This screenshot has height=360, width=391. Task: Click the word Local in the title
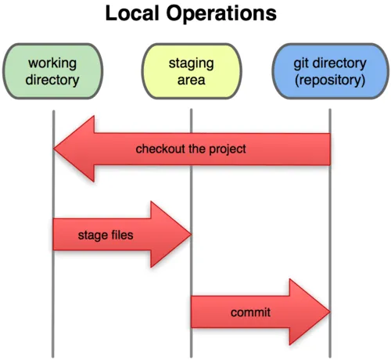[x=131, y=13]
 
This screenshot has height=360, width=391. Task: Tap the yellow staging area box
[x=191, y=70]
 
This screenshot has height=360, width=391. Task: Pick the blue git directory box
[x=329, y=70]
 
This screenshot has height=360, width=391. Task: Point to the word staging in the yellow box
[x=191, y=62]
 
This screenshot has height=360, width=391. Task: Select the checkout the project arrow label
[x=191, y=149]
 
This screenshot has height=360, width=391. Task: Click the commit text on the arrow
[x=250, y=313]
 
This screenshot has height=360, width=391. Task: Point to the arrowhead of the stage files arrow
[x=172, y=233]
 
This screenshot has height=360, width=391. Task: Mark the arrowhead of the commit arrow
[x=310, y=312]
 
